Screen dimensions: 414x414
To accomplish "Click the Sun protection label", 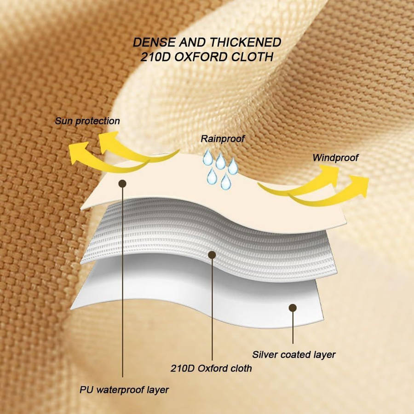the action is [87, 121].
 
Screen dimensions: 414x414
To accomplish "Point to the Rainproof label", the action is [223, 138].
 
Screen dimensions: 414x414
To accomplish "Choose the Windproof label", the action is [335, 158].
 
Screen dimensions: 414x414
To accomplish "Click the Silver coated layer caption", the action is [293, 354].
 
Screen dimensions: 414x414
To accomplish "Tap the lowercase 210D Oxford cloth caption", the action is [211, 368].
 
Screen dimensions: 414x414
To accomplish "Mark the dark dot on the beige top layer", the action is [122, 184].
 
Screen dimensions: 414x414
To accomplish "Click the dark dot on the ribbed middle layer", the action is [212, 255].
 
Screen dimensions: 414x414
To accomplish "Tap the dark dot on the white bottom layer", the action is [293, 308].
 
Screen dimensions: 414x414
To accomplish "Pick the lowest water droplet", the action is [226, 182].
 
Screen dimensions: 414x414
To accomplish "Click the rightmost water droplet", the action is [233, 166].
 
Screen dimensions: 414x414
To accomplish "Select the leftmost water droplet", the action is [207, 157].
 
